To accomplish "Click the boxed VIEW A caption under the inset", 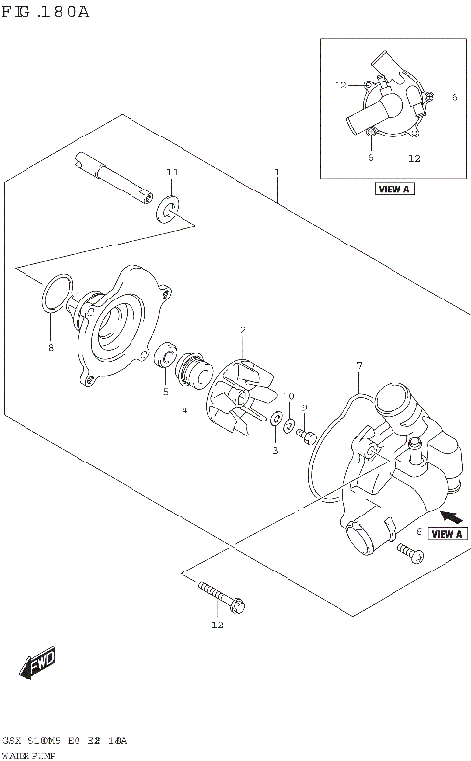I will pyautogui.click(x=393, y=190).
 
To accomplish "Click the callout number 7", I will pyautogui.click(x=359, y=366).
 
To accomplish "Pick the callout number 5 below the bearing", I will pyautogui.click(x=165, y=392).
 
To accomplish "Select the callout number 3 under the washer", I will pyautogui.click(x=275, y=451).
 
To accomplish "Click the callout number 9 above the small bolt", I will pyautogui.click(x=305, y=408).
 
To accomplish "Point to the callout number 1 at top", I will pyautogui.click(x=277, y=172).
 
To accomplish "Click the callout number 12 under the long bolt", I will pyautogui.click(x=217, y=625).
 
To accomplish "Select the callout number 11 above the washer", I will pyautogui.click(x=172, y=173).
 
